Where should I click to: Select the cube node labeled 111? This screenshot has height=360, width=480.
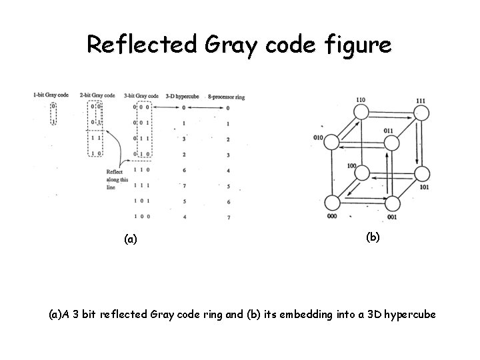(421, 112)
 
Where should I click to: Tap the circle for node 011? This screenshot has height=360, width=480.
(393, 141)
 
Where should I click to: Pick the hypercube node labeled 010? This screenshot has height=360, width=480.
(332, 141)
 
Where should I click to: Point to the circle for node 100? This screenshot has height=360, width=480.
(361, 173)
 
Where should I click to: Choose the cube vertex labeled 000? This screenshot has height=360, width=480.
(332, 203)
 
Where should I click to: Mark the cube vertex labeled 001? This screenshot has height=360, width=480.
(392, 203)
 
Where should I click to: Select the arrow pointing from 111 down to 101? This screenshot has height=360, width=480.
(415, 143)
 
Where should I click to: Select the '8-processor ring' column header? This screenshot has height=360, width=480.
(226, 96)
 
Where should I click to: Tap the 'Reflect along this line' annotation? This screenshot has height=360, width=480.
(117, 180)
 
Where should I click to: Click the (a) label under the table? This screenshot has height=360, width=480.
(131, 238)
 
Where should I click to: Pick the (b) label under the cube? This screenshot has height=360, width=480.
(373, 235)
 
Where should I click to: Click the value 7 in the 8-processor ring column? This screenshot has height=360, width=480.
(228, 217)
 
